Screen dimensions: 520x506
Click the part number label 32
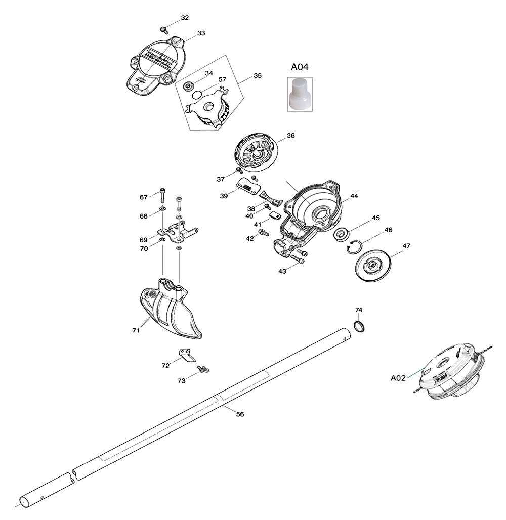[185, 18]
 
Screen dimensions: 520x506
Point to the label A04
[300, 67]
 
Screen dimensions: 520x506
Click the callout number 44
[354, 196]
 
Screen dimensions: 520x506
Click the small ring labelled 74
[359, 326]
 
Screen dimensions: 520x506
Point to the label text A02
[398, 377]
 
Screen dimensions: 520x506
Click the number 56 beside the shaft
[240, 414]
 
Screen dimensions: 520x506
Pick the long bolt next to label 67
[162, 196]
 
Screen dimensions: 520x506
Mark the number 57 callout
[222, 79]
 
